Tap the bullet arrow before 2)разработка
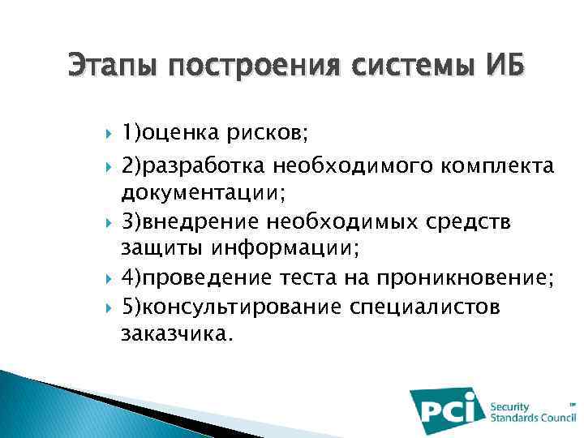point(109,167)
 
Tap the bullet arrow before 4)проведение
point(109,279)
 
